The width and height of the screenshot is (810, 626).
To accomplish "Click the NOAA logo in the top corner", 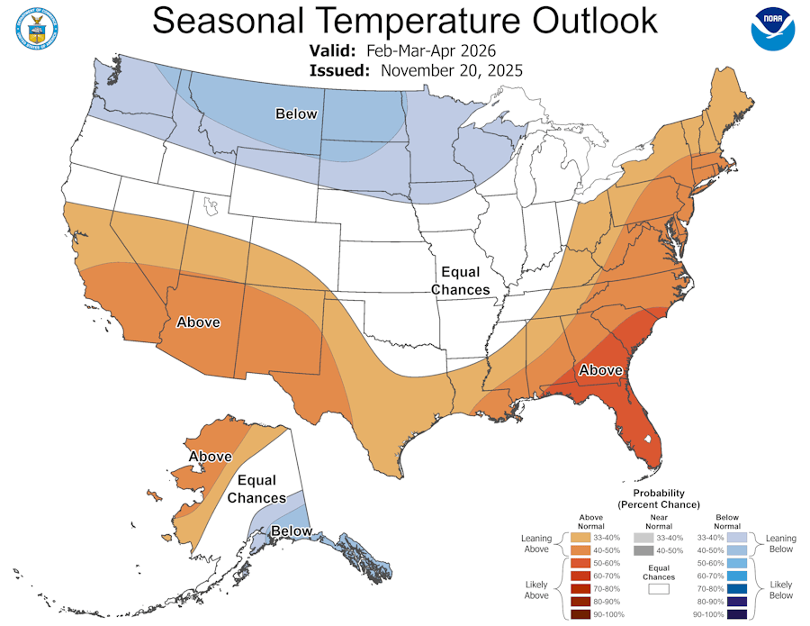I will pos(773,29).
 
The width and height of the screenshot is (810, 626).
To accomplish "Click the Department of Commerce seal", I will pos(37,29).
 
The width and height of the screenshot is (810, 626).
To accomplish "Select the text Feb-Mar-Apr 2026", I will pos(432,50).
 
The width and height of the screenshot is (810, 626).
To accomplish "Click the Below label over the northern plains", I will pos(296,113).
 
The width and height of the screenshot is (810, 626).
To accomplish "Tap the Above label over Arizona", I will pos(199,322).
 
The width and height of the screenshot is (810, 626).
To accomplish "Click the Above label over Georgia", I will pos(600,370).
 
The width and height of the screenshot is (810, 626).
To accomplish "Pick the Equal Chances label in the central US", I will pos(460,281).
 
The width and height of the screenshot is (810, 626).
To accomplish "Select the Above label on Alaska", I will pos(210,458).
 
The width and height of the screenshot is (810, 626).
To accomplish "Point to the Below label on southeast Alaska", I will pos(292,531).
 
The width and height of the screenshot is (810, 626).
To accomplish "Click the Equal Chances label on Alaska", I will pos(256,489).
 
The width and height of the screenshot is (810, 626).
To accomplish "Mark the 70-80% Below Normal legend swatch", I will pos(737,588).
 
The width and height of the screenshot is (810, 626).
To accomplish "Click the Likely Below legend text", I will pos(781,591).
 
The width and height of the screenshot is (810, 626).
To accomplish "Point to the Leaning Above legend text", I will pos(536,544).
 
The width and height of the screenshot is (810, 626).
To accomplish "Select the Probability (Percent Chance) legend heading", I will pos(659,499).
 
